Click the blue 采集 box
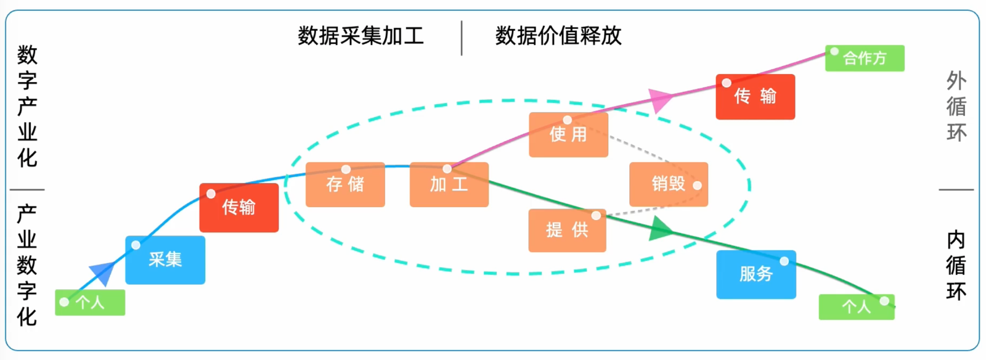click(x=165, y=260)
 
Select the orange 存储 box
click(x=345, y=184)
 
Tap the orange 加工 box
click(x=449, y=184)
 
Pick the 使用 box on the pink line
click(x=568, y=134)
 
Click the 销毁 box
click(x=669, y=184)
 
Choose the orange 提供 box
click(x=567, y=231)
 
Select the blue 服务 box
click(x=756, y=274)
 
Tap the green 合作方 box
click(x=865, y=59)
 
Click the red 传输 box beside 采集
click(x=239, y=208)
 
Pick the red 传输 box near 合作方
click(x=755, y=97)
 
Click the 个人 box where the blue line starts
click(x=90, y=303)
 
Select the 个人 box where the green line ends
click(x=857, y=307)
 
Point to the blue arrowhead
click(x=104, y=272)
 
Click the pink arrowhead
click(x=660, y=99)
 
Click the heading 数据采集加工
click(x=361, y=36)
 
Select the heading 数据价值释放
click(x=558, y=36)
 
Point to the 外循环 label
click(x=956, y=107)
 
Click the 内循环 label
click(x=956, y=265)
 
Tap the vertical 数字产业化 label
click(x=27, y=106)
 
